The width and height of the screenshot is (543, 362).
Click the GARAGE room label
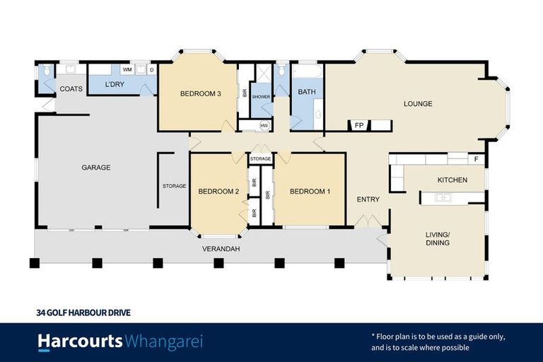[95, 168]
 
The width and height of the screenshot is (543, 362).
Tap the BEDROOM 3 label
[200, 93]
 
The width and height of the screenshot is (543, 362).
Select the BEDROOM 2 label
[218, 191]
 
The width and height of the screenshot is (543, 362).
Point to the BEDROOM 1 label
[310, 191]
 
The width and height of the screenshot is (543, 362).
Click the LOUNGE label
[417, 104]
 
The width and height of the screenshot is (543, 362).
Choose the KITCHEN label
[452, 180]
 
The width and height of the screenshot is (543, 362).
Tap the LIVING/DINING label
[437, 238]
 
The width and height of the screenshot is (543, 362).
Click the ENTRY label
[368, 199]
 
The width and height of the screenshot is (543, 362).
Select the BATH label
[306, 92]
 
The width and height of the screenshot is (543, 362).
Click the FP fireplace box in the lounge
[359, 125]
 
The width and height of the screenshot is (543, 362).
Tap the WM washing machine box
[128, 70]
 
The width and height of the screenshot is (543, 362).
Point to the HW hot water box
[264, 126]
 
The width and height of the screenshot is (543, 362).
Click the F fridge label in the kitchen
[476, 159]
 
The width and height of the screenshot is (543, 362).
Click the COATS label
[71, 89]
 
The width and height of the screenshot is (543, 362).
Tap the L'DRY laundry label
[114, 86]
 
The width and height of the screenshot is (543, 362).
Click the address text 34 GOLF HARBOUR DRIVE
[83, 312]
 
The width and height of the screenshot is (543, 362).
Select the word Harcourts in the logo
[80, 342]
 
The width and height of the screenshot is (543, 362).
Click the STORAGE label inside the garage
[174, 186]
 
